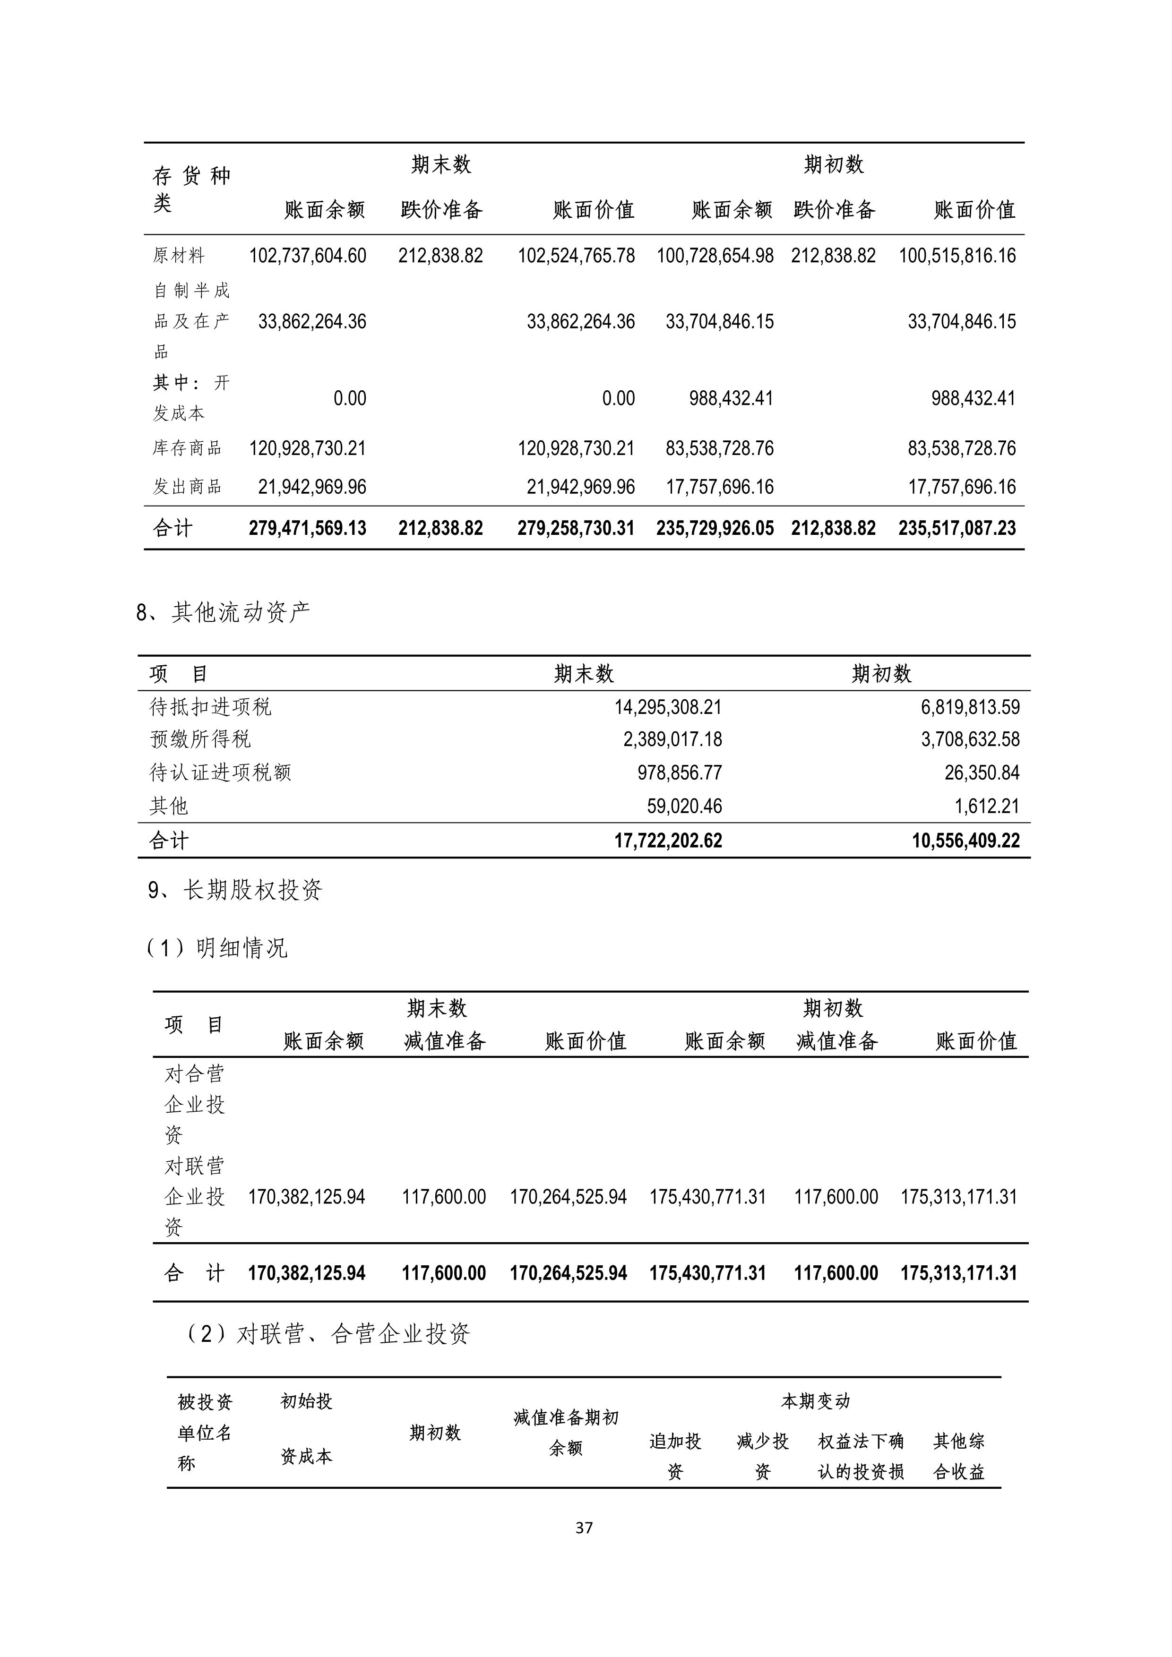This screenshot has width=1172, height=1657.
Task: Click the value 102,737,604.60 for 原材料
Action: click(x=308, y=256)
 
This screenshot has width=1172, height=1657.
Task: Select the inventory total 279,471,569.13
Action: click(x=308, y=528)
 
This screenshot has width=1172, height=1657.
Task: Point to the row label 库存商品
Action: click(x=187, y=448)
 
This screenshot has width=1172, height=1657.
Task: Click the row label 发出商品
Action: click(x=187, y=487)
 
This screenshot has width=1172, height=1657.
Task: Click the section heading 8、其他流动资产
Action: click(x=224, y=612)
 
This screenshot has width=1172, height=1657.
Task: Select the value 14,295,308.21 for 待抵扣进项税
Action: click(x=668, y=707)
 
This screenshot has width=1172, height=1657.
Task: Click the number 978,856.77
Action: click(x=679, y=773)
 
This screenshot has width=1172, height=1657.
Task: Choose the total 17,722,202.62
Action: click(x=668, y=841)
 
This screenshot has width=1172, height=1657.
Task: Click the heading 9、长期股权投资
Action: click(x=235, y=890)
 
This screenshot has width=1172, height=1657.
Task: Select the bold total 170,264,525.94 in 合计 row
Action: click(x=568, y=1273)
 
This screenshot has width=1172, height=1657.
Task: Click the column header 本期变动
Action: click(x=816, y=1401)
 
